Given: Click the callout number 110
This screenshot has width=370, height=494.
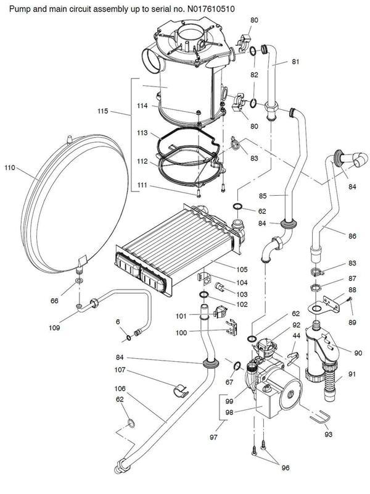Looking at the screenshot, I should (10, 167).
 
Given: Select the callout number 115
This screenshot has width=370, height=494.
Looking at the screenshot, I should (103, 112).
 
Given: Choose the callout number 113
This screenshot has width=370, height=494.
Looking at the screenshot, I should (142, 133).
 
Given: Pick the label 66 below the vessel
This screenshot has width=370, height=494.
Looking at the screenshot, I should (55, 301).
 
